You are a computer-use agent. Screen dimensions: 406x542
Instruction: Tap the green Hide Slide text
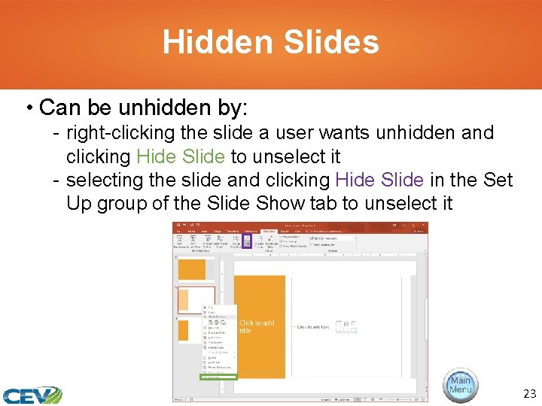click(x=180, y=156)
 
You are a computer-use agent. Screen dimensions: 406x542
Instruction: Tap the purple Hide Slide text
click(x=382, y=180)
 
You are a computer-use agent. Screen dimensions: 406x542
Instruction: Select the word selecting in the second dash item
click(x=99, y=180)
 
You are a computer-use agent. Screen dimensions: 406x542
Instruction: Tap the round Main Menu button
click(x=460, y=386)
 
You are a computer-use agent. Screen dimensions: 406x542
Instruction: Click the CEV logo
click(x=32, y=395)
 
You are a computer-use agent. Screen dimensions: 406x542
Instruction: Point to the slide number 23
click(x=528, y=394)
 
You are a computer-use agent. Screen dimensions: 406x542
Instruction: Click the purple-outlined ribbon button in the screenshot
click(x=246, y=242)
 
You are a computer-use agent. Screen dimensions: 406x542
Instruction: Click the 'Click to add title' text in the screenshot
click(x=257, y=326)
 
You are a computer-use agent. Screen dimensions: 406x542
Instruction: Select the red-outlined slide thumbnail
click(x=195, y=300)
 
